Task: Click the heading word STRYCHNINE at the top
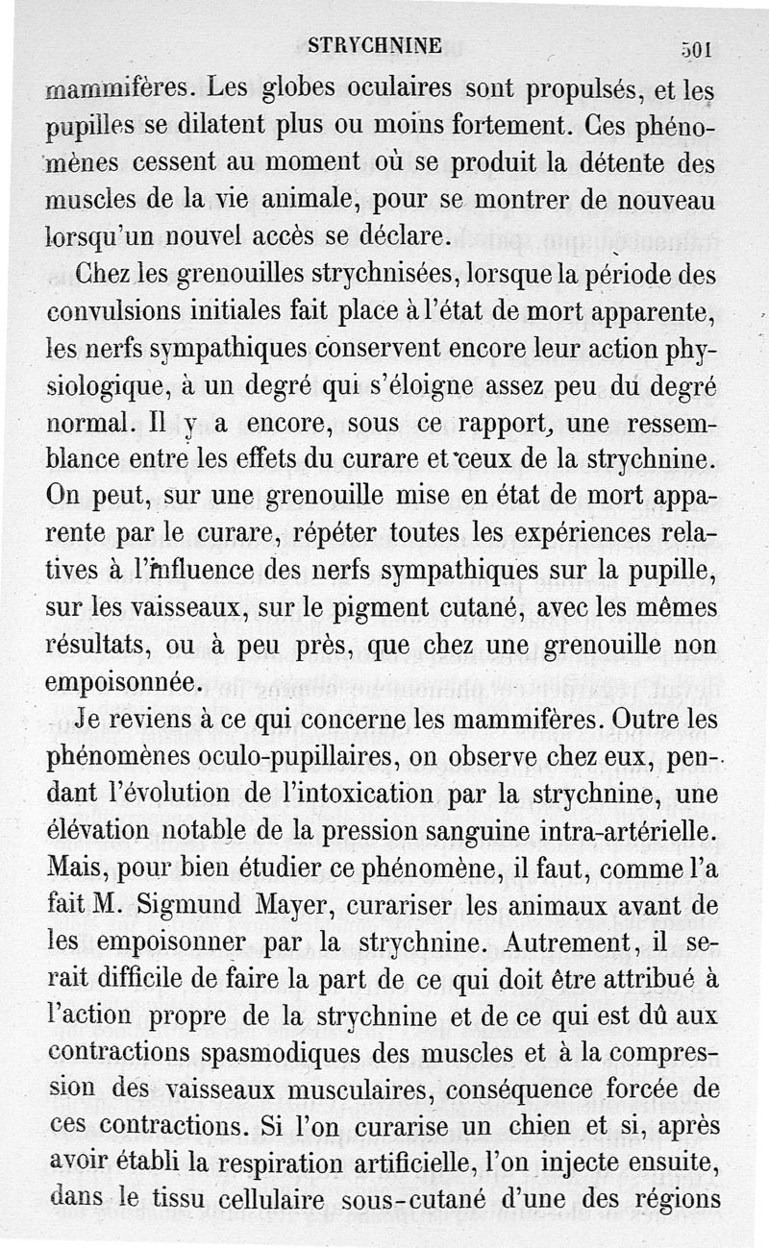pyautogui.click(x=375, y=46)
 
